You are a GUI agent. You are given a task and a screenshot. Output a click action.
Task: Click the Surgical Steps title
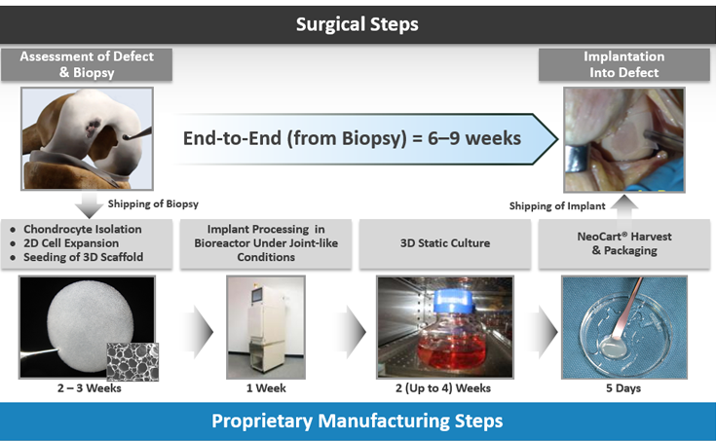click(x=358, y=23)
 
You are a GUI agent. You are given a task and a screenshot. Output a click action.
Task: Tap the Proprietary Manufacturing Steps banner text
click(x=358, y=421)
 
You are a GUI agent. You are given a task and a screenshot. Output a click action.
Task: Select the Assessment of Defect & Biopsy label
click(x=87, y=63)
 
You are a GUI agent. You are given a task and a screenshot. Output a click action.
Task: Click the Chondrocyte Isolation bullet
click(x=82, y=229)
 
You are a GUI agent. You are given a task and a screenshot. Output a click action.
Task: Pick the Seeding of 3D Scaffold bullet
click(x=82, y=256)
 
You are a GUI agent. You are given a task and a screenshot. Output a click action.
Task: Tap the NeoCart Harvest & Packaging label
click(x=623, y=242)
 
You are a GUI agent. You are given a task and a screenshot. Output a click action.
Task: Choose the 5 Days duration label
click(x=623, y=389)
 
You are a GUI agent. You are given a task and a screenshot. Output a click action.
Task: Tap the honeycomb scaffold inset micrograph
click(x=132, y=359)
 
